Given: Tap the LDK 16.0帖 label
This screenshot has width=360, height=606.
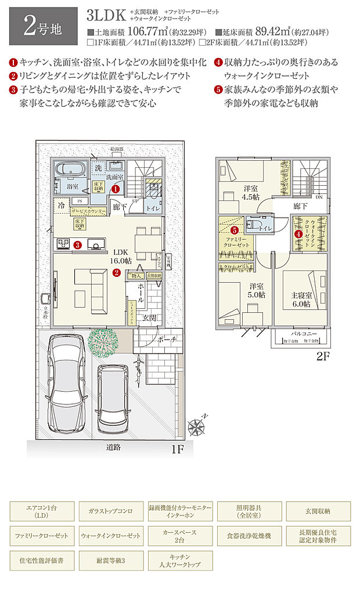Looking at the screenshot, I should [121, 256].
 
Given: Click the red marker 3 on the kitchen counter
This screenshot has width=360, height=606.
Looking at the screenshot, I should [77, 244].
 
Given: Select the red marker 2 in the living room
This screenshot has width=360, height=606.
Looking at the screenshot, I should [116, 272].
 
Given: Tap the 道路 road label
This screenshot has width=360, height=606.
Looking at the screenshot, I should [113, 448].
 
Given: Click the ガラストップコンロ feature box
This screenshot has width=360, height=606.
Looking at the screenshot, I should [111, 511].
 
